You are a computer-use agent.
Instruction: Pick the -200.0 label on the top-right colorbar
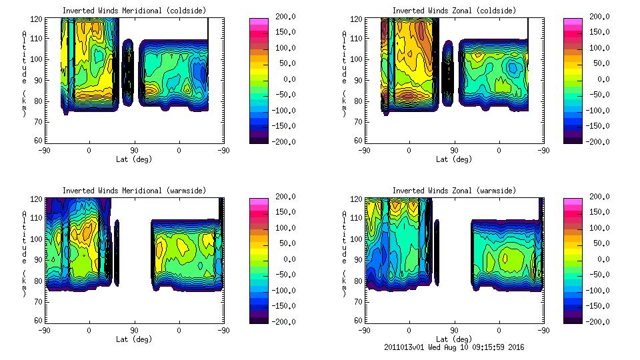[599, 141]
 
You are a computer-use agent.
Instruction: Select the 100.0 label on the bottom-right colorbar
[599, 228]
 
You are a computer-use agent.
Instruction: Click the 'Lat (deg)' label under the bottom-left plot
[134, 339]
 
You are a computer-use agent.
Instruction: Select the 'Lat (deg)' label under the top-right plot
[454, 159]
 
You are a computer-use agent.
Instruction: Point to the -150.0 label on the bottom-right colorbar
[599, 305]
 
